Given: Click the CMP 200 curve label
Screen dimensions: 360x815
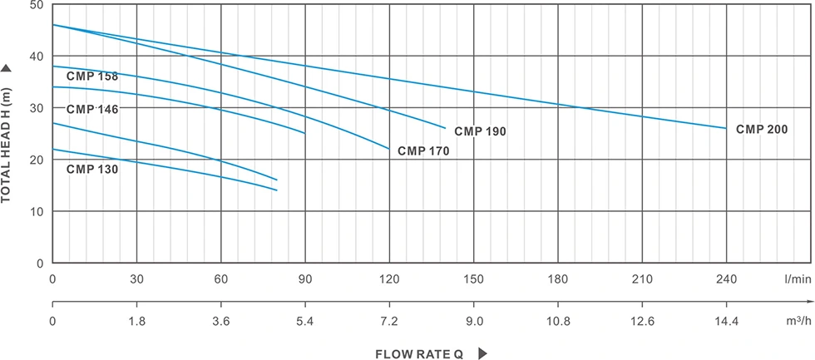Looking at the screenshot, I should click(x=762, y=130).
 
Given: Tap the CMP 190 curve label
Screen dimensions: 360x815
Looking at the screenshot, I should click(x=480, y=131).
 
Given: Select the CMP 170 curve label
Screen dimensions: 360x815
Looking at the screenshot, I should click(x=423, y=151).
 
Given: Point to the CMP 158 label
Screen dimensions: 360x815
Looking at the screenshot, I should click(x=92, y=76).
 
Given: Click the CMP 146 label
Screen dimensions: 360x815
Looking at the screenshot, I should click(x=92, y=109).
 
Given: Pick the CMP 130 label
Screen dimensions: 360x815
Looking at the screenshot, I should click(x=92, y=169).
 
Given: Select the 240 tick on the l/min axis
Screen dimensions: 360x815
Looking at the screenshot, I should click(x=726, y=279).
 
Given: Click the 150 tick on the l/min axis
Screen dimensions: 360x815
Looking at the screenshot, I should click(x=473, y=279).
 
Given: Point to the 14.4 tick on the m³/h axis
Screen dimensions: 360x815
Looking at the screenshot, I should click(x=726, y=320).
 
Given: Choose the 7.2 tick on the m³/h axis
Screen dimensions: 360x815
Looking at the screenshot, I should click(x=389, y=320).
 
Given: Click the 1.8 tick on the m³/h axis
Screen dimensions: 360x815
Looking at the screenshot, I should click(x=137, y=320).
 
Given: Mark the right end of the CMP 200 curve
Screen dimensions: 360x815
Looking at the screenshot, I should click(x=726, y=128).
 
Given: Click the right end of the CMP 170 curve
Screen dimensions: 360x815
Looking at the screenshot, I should click(x=389, y=149).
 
